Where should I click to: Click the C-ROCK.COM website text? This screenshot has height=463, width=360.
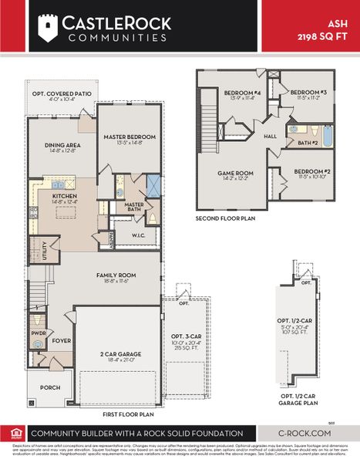tap(305, 434)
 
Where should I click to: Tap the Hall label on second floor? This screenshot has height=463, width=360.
tap(270, 136)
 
